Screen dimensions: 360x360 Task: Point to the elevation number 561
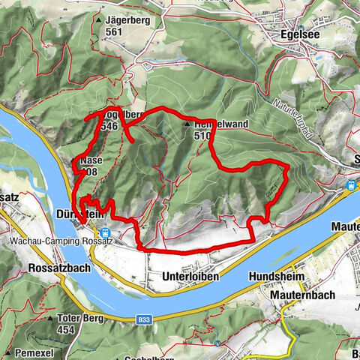pyautogui.click(x=114, y=32)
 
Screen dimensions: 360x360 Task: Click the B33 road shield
pyautogui.click(x=145, y=319)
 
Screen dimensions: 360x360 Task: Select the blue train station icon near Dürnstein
pyautogui.click(x=105, y=232)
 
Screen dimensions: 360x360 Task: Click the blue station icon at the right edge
pyautogui.click(x=351, y=184)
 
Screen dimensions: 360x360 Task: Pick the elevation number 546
pyautogui.click(x=109, y=127)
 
